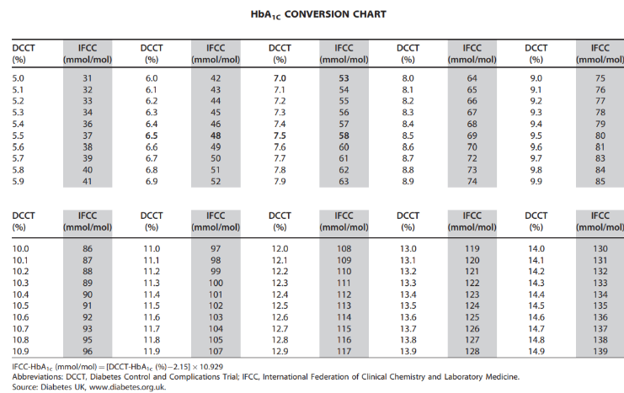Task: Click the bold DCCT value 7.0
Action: (x=280, y=78)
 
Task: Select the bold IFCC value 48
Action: (x=216, y=135)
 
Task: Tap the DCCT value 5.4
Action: (x=18, y=124)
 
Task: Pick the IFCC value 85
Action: (x=600, y=182)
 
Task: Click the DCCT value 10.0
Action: (x=20, y=249)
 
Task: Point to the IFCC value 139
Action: (x=600, y=352)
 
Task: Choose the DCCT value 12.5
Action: (x=280, y=305)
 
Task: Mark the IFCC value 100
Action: (x=216, y=284)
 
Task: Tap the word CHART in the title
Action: (x=370, y=14)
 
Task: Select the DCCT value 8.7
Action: (x=408, y=158)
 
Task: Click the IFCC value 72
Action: (x=472, y=158)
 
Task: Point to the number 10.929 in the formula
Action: (x=211, y=367)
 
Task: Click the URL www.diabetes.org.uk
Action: (x=127, y=387)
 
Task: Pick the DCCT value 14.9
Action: (x=536, y=352)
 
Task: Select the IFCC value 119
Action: (x=472, y=249)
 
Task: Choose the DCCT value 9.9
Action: (x=536, y=182)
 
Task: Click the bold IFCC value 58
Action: (x=344, y=135)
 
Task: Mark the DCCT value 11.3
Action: (x=152, y=284)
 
